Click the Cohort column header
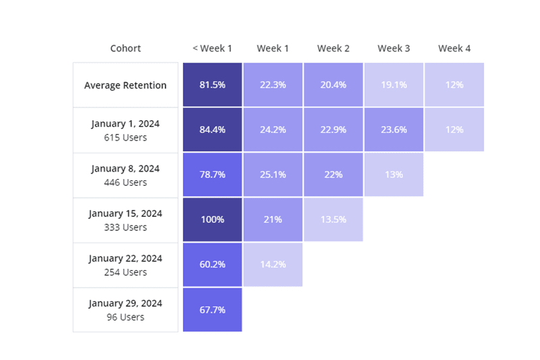tap(126, 49)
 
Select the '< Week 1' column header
tap(212, 49)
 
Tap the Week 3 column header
tap(394, 49)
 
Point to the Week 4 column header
tap(454, 49)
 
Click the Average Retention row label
tap(126, 85)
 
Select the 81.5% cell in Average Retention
tap(212, 85)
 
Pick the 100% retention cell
tap(212, 220)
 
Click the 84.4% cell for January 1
tap(212, 130)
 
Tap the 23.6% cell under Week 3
tap(394, 130)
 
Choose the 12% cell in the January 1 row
tap(454, 130)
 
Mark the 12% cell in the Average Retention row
tap(454, 85)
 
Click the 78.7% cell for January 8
tap(212, 174)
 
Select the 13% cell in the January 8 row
tap(394, 174)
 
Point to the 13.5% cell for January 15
tap(333, 220)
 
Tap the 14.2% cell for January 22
tap(273, 264)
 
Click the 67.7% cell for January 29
tap(212, 309)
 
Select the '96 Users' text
tap(126, 317)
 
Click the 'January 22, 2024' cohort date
tap(126, 258)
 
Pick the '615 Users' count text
tap(126, 137)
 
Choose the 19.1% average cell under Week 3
tap(394, 85)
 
